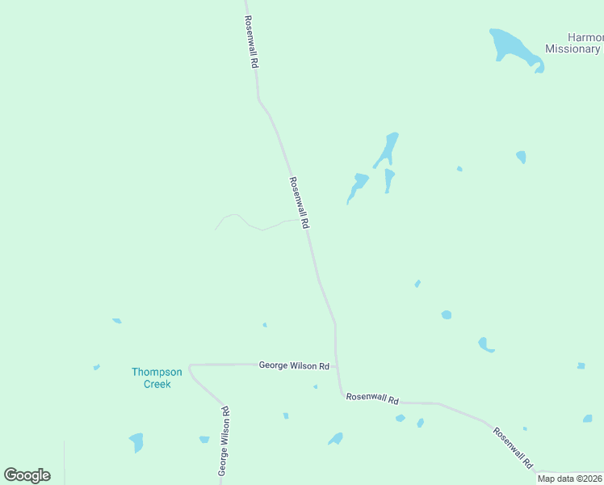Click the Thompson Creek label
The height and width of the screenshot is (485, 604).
(157, 377)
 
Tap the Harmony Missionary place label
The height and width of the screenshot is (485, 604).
(573, 43)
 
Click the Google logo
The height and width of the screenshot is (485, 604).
(27, 475)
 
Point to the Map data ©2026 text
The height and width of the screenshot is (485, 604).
(570, 479)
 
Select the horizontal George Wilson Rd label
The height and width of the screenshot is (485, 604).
(294, 365)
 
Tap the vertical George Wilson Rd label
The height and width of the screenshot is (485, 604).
(225, 440)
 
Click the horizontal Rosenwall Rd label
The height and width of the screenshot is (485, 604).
(372, 399)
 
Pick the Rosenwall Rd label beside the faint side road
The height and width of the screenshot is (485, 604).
(299, 203)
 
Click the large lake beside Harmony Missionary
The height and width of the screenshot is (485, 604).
(510, 46)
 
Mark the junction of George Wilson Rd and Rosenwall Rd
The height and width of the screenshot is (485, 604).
(338, 366)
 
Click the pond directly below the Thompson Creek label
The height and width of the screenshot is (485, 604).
(136, 442)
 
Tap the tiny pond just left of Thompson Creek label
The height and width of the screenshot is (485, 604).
(96, 367)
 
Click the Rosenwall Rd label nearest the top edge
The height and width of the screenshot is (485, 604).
(252, 40)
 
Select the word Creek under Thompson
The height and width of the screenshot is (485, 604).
(157, 384)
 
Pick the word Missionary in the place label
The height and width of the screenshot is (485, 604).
(573, 48)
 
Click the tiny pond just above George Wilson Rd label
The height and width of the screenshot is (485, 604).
(265, 325)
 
